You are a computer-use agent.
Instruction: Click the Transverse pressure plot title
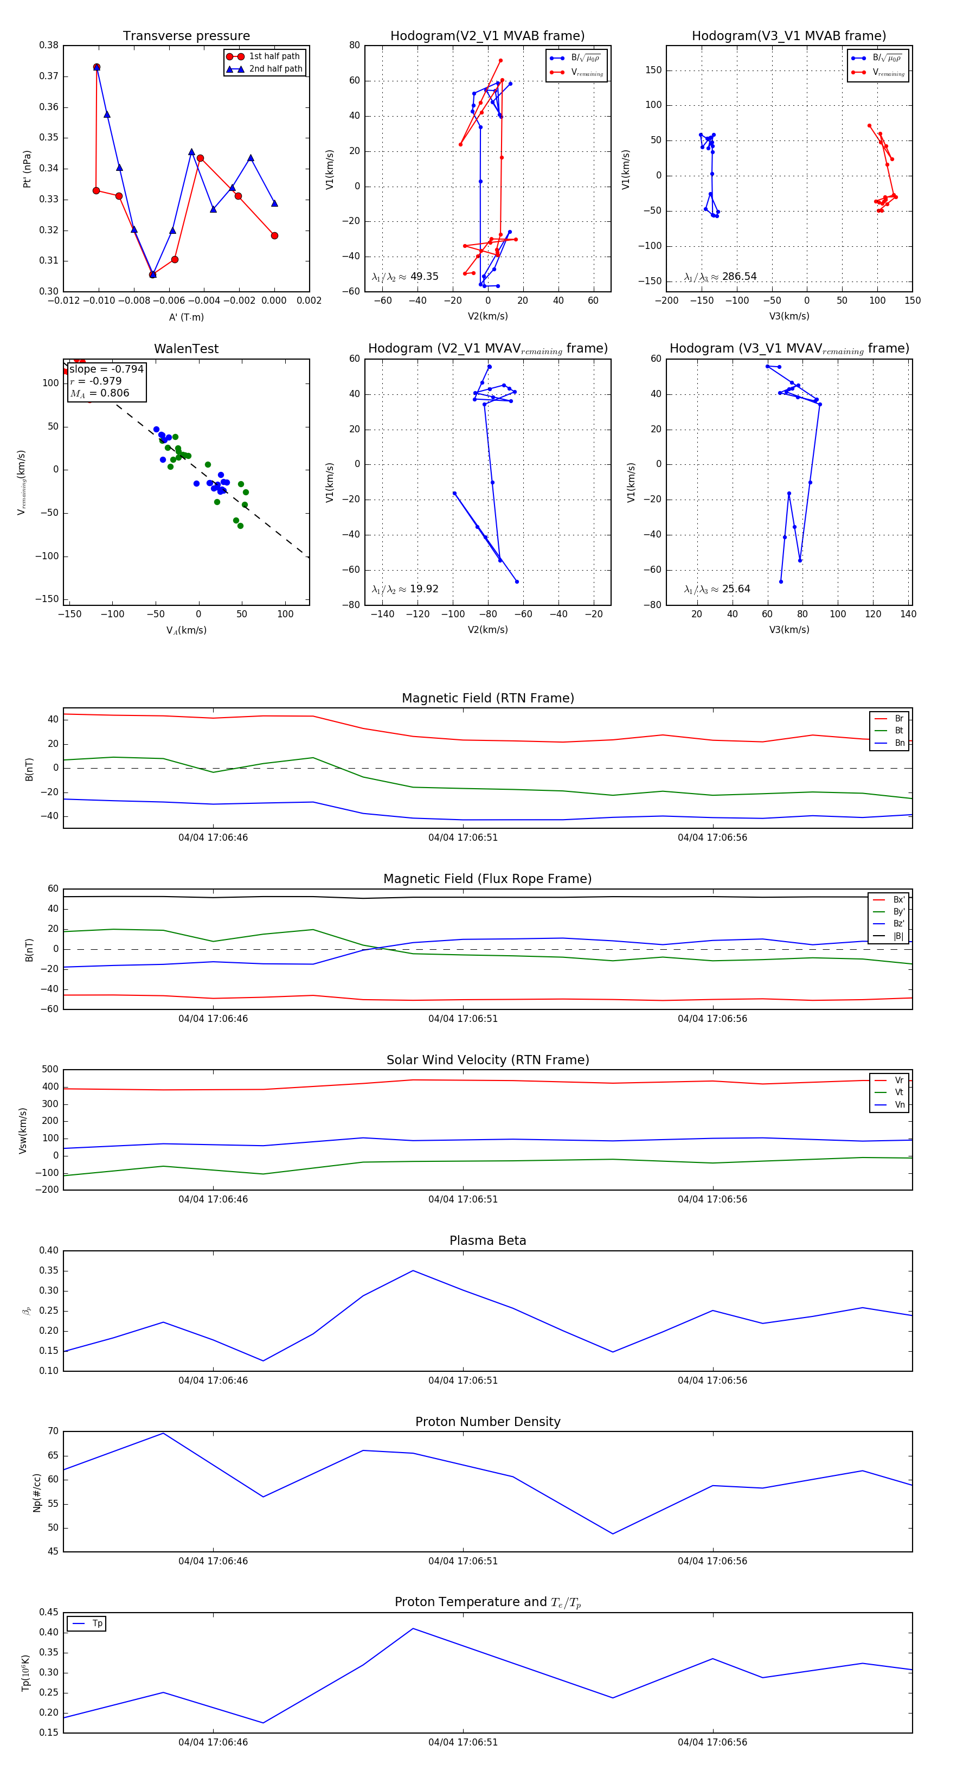point(186,36)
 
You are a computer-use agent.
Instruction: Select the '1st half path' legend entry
point(274,56)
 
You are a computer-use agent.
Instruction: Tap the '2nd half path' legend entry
point(275,69)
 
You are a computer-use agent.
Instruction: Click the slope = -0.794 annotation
point(106,369)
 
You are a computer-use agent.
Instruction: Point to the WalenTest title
point(186,349)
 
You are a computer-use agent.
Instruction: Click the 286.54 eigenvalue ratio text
point(739,277)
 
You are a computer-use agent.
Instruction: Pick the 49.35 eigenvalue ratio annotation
point(423,277)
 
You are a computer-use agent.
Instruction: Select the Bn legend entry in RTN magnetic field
point(899,743)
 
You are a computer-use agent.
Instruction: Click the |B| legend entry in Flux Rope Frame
point(898,936)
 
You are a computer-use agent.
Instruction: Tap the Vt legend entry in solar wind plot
point(899,1092)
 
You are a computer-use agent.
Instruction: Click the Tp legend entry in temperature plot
point(97,1623)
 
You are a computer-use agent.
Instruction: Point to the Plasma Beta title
point(487,1241)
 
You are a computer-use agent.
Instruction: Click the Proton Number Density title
point(487,1422)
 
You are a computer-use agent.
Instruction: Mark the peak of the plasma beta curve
point(413,1271)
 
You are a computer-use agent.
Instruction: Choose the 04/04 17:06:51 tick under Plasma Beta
point(463,1380)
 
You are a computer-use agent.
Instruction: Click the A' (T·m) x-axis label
point(186,317)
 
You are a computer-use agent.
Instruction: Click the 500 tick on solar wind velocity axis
point(50,1070)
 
